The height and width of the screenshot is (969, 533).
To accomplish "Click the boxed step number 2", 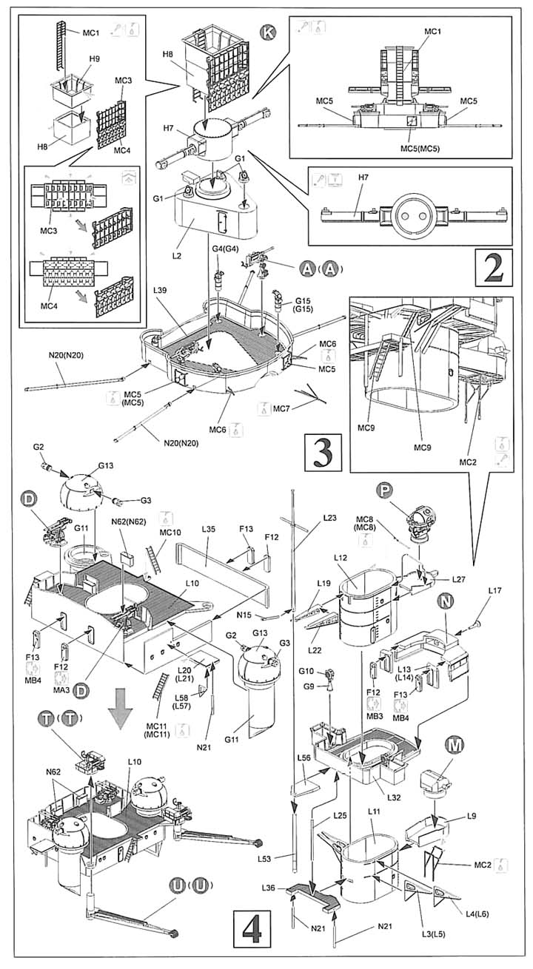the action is (x=494, y=268).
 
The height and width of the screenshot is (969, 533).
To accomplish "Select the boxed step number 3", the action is (x=323, y=453).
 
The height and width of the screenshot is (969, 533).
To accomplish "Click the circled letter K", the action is (x=267, y=33).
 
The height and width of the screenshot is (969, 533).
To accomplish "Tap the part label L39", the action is (x=160, y=290).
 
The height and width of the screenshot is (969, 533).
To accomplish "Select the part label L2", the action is (x=176, y=256).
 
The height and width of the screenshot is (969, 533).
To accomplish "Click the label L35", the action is (x=208, y=529).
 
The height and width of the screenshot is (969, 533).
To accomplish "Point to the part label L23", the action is (x=329, y=517).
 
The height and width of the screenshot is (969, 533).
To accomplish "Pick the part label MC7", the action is (x=281, y=409).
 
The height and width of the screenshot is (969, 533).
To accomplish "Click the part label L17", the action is (x=495, y=590).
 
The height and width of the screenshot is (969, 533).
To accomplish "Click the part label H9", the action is (x=95, y=59).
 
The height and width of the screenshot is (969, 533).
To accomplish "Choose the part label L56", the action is (x=304, y=769).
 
